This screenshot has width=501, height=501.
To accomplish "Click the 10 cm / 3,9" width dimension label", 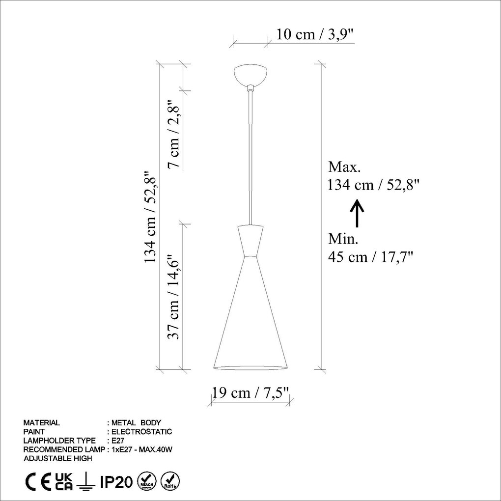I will click(x=315, y=34).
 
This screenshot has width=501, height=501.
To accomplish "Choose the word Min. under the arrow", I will click(x=343, y=239).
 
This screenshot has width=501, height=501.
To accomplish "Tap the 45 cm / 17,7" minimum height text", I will click(x=370, y=256).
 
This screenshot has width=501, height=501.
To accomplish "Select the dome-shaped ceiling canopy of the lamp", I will click(x=250, y=74).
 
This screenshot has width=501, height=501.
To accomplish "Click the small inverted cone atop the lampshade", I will click(x=250, y=241).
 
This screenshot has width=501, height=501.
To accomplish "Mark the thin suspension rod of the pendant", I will click(x=250, y=157).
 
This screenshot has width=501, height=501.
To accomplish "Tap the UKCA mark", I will click(x=64, y=482).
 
